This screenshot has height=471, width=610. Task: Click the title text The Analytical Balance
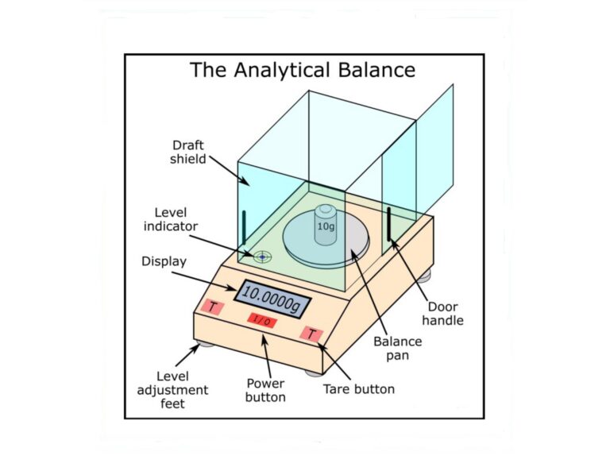pyautogui.click(x=302, y=70)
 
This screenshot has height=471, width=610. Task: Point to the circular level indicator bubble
pyautogui.click(x=262, y=256)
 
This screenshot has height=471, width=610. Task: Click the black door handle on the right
pyautogui.click(x=390, y=226)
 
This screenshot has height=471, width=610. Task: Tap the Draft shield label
pyautogui.click(x=189, y=152)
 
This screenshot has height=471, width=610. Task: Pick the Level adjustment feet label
pyautogui.click(x=182, y=390)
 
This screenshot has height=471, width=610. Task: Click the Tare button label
pyautogui.click(x=358, y=389)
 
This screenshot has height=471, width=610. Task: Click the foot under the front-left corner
pyautogui.click(x=205, y=343)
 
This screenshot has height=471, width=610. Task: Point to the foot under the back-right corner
pyautogui.click(x=427, y=274)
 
